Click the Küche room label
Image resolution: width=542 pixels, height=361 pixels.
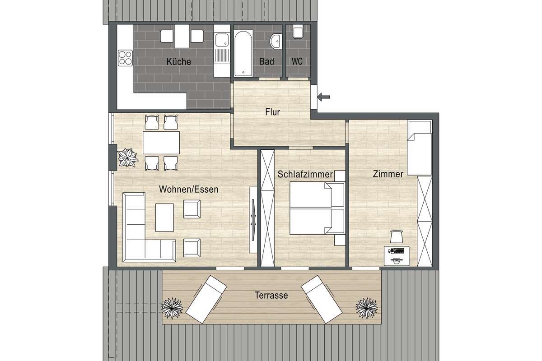[x=178, y=61]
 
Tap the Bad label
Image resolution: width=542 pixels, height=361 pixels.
[x=266, y=61]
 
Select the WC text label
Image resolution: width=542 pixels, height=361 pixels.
[x=297, y=61]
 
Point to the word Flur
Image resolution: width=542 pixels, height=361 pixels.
[x=272, y=112]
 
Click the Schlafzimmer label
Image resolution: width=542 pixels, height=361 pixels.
[x=305, y=174]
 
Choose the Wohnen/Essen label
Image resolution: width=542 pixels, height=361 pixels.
[x=189, y=190]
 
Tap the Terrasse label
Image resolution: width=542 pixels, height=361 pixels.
[x=271, y=295]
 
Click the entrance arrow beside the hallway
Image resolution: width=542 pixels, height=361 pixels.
[x=323, y=97]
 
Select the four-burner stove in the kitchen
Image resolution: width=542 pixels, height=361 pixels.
[x=126, y=58]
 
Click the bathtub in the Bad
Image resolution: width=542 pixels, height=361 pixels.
[x=243, y=53]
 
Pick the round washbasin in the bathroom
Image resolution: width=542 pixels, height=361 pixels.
[x=276, y=42]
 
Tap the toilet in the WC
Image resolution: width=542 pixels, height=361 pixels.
[x=298, y=32]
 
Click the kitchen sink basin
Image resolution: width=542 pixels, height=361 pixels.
[x=222, y=40]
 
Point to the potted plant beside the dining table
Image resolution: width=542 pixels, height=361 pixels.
[x=127, y=157]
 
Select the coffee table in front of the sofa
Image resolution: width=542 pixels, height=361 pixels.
[x=164, y=218]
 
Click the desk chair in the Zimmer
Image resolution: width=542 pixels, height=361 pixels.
[x=397, y=236]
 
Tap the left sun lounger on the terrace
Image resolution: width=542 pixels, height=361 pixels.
[x=206, y=299]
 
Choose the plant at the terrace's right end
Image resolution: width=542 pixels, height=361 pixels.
[x=367, y=308]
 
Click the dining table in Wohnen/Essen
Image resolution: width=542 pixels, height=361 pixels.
[x=161, y=143]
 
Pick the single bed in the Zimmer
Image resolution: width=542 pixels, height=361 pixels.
[x=420, y=148]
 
